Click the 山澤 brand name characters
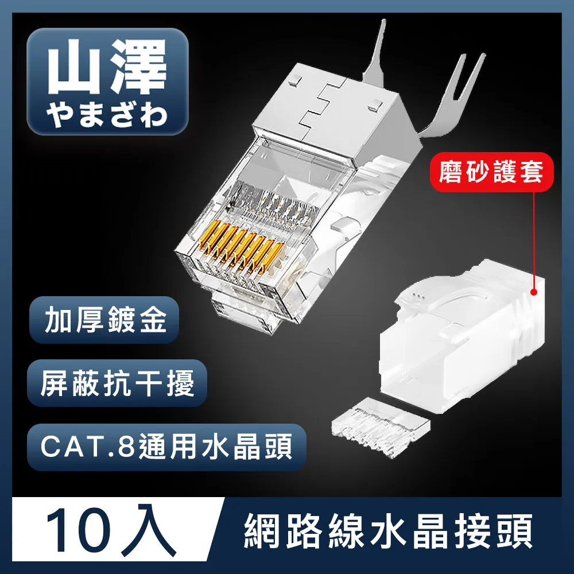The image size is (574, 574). [x=107, y=72]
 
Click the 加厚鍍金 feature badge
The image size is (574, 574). [x=105, y=320]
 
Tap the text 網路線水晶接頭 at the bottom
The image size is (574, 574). [x=389, y=534]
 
